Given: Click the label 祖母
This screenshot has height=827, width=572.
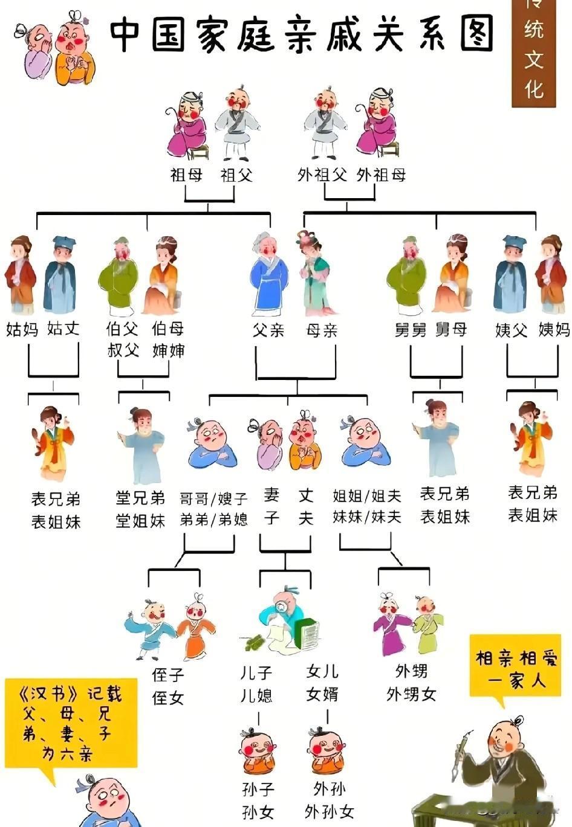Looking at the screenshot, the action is (186, 175).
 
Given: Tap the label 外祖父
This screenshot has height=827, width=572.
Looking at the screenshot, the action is (322, 175).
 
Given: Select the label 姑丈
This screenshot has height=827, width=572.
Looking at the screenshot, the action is (63, 329).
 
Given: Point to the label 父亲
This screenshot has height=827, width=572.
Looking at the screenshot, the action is (268, 330).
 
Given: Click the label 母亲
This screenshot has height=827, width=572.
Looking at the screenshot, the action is (321, 330).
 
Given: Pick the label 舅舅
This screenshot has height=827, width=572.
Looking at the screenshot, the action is (411, 330).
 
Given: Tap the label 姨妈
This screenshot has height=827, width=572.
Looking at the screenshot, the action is (554, 330).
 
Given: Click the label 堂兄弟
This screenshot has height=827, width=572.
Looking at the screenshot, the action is (140, 498).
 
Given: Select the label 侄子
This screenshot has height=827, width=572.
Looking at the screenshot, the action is (167, 675).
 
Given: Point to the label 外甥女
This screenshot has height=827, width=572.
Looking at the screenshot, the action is (411, 695).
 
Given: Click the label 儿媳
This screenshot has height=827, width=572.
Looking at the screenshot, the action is (256, 695).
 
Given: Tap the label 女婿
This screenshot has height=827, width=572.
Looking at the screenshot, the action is (322, 694).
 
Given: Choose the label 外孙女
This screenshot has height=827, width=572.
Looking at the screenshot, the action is (329, 811).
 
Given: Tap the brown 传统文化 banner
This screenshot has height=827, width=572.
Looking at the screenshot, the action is (533, 54).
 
